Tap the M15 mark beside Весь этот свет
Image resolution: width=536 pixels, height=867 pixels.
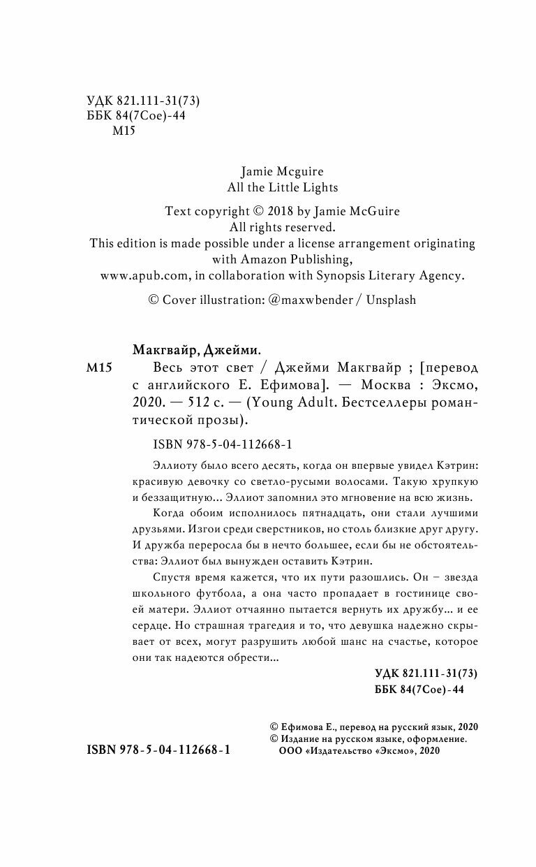tap(98, 368)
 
